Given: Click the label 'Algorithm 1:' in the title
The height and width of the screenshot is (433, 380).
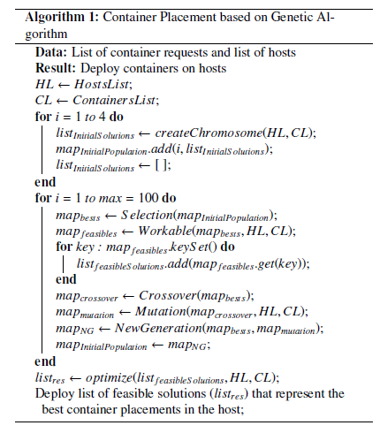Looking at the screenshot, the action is point(62,18).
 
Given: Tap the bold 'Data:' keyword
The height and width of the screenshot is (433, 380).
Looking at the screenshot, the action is point(51,52).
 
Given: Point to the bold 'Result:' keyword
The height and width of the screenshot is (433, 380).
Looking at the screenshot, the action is point(56,68).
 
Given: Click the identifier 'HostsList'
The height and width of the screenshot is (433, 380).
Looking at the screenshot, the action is point(102,84).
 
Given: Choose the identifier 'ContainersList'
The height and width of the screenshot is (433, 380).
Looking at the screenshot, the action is point(114,100).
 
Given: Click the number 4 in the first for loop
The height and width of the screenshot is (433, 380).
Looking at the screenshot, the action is point(102,117).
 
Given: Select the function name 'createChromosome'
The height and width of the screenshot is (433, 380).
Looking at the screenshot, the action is point(209,133).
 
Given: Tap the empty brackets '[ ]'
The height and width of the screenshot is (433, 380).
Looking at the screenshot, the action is point(161,165).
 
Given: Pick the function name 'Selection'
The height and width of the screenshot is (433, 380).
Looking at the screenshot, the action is point(147,215).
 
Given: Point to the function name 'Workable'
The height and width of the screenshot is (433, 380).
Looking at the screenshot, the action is point(165,231).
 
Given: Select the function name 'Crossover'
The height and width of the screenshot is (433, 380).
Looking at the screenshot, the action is point(168,295).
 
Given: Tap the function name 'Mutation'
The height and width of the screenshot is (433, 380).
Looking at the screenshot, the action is point(161,312).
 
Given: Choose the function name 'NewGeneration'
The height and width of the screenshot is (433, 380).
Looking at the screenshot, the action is point(158,328).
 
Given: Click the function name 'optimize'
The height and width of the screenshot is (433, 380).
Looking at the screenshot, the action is point(109,377).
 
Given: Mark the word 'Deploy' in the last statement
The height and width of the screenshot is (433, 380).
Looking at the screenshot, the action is point(55,394).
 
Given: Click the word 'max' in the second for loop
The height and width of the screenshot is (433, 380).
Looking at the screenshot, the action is point(110,199).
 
